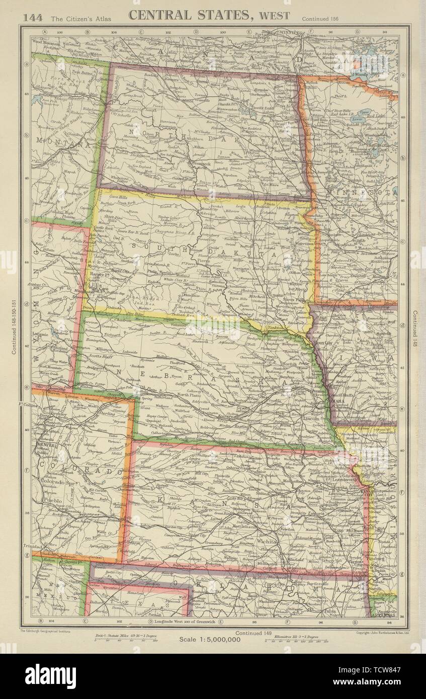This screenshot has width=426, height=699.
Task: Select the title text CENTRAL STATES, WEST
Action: tap(209, 15)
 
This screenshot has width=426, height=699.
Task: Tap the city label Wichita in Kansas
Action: tap(266, 542)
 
